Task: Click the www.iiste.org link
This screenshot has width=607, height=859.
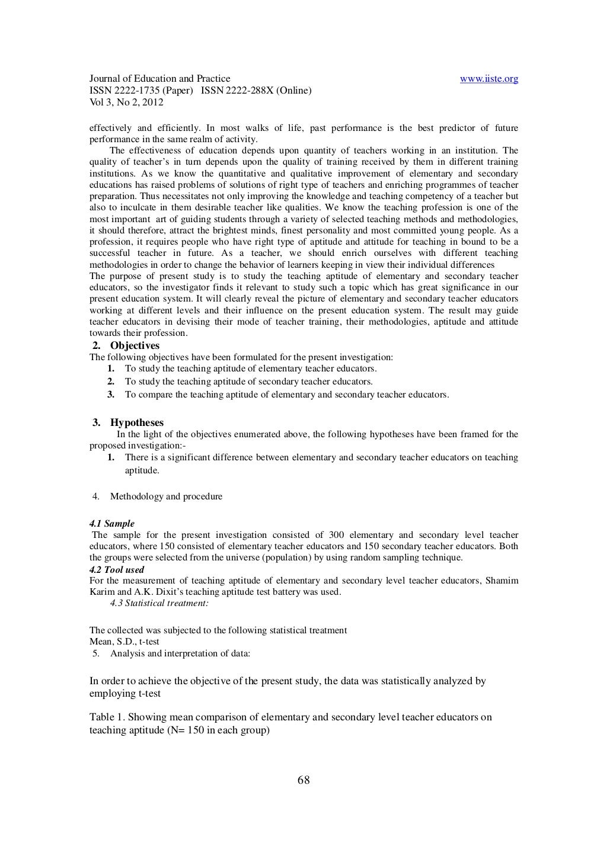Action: [489, 79]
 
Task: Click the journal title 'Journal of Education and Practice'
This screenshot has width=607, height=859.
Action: [159, 79]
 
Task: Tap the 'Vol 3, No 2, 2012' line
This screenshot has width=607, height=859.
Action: [126, 102]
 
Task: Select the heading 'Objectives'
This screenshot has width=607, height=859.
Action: [135, 345]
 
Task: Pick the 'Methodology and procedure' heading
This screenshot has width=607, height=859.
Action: [166, 496]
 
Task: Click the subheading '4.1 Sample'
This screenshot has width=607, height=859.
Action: [111, 524]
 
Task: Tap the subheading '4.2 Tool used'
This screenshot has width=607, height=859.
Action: [116, 570]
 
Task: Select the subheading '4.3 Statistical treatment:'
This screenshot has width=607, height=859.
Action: [159, 604]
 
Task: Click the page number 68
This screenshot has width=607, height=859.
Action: [303, 780]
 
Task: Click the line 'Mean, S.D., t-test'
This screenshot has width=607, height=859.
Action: [124, 642]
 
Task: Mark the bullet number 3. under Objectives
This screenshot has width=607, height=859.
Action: [110, 394]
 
